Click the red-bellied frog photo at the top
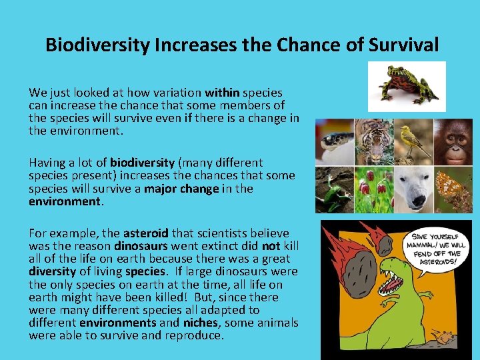407,86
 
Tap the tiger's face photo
374,141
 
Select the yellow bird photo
413,141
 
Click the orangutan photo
453,141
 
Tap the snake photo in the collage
335,141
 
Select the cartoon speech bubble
436,249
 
